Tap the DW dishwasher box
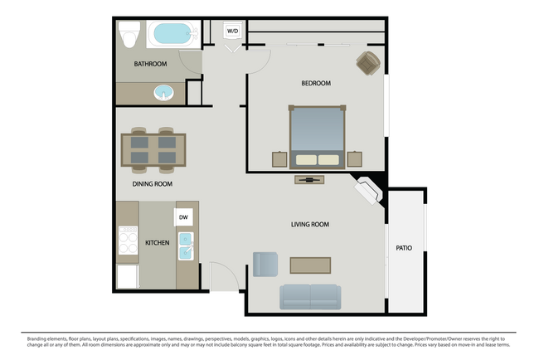click(x=184, y=216)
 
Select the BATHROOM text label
click(x=151, y=64)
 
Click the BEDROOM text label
click(x=316, y=83)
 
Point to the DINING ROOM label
click(x=152, y=184)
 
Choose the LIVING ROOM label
click(x=310, y=225)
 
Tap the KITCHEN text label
click(x=158, y=243)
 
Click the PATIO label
click(x=404, y=247)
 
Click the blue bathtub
click(x=171, y=35)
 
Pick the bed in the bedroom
click(x=316, y=136)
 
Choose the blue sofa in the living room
click(x=309, y=296)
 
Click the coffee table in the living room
click(x=310, y=265)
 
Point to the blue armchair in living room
click(x=265, y=264)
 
